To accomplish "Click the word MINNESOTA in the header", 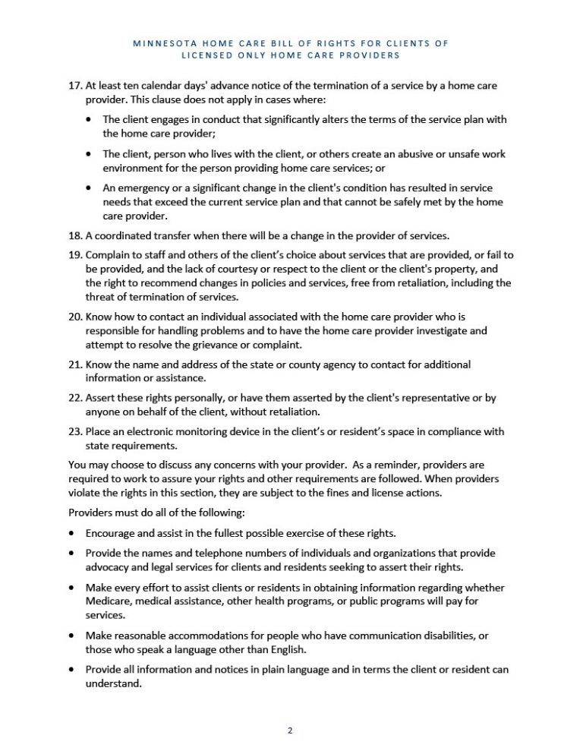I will (162, 43).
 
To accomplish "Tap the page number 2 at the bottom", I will (290, 730).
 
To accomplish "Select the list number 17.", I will (74, 86).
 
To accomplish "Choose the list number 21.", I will (74, 364).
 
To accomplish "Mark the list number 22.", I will (74, 398).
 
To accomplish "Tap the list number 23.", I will (74, 431).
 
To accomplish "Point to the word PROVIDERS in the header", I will (368, 55).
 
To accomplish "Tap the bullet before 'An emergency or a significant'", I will (91, 188).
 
